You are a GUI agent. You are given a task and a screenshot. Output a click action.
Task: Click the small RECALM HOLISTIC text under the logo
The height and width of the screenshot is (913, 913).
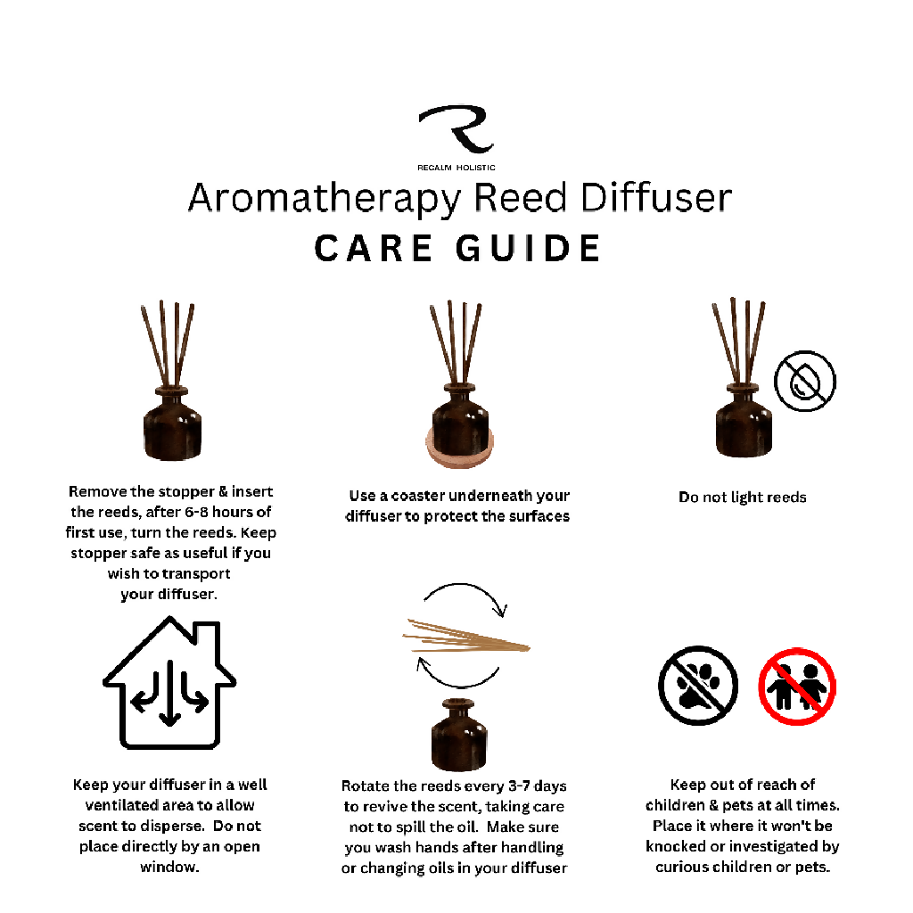(456, 168)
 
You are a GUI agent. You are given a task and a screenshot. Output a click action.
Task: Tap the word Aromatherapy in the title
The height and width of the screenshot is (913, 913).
(325, 199)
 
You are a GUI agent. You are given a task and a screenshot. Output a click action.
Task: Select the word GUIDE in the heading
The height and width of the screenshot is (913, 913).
(528, 249)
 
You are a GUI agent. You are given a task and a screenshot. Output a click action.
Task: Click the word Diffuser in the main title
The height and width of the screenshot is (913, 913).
(656, 197)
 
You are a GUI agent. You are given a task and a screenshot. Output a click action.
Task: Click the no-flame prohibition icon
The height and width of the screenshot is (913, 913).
(805, 381)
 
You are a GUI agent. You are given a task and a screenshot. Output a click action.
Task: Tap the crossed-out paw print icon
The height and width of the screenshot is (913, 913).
(698, 686)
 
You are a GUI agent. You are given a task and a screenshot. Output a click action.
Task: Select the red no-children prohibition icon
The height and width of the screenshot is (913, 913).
(797, 687)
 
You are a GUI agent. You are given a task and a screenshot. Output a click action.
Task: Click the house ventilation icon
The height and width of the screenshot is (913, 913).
(169, 682)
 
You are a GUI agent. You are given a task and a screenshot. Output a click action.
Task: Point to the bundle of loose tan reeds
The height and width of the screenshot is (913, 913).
(465, 637)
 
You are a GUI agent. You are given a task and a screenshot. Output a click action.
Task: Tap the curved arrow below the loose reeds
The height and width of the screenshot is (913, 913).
(457, 685)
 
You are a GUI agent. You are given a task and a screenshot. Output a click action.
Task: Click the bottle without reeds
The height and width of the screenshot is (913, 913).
(459, 735)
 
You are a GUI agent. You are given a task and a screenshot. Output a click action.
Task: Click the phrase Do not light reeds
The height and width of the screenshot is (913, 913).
(743, 498)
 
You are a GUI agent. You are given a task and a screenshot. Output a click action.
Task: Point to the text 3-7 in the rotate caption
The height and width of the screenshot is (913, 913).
(520, 786)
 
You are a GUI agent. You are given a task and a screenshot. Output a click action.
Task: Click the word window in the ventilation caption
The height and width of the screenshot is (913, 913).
(169, 867)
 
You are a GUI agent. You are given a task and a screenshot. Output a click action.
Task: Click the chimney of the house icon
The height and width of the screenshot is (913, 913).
(207, 635)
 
